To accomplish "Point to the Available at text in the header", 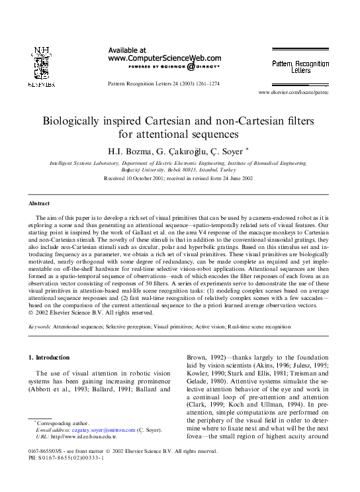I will click(x=127, y=50).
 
